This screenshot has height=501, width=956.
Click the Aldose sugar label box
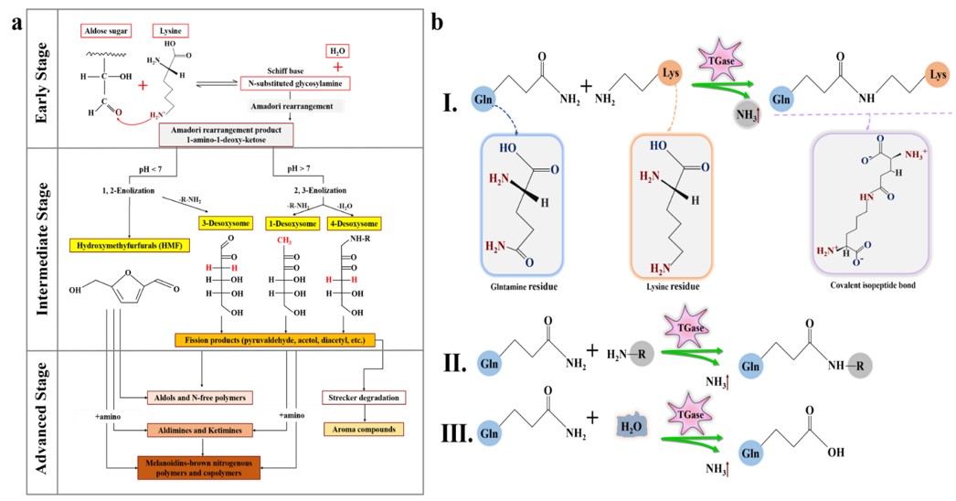click(x=102, y=29)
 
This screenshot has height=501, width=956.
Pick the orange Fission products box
click(x=271, y=340)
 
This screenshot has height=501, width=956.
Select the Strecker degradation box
click(x=361, y=398)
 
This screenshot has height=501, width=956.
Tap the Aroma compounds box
click(x=361, y=428)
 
